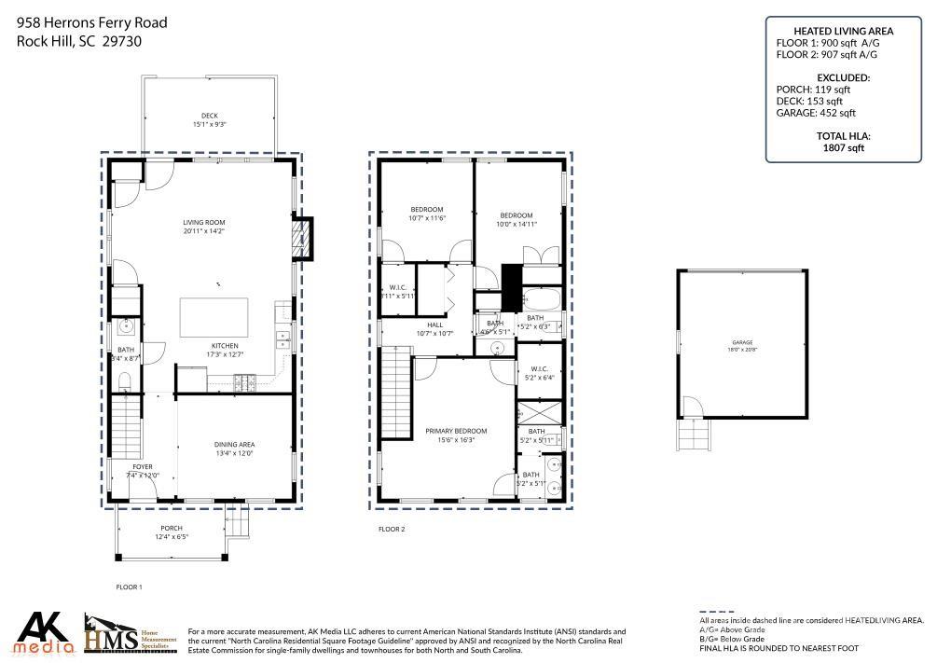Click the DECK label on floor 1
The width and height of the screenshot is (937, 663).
(210, 116)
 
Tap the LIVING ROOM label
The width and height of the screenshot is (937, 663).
(203, 222)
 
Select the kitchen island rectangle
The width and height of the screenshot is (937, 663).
(214, 317)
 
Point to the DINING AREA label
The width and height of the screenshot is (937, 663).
(234, 445)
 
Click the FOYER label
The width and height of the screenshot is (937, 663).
(143, 466)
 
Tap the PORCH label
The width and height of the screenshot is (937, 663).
(171, 528)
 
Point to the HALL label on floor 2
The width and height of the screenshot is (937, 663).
(434, 325)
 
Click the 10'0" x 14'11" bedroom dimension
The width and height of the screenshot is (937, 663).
(515, 223)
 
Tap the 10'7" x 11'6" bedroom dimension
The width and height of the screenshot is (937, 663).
(427, 217)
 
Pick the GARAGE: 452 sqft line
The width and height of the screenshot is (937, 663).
(816, 113)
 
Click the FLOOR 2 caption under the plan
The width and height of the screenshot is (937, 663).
(392, 529)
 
